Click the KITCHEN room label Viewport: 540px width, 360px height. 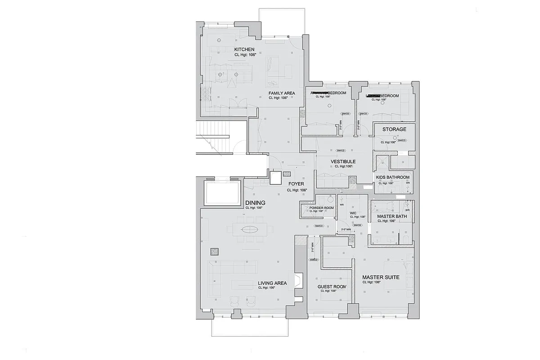(x=244, y=49)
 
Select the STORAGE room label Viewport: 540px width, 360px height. (x=394, y=130)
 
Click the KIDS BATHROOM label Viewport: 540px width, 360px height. (x=392, y=178)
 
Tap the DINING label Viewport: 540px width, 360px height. (x=255, y=203)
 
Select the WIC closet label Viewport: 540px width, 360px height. (x=347, y=213)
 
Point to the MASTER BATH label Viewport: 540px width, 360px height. (x=391, y=216)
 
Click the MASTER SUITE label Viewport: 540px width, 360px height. (x=381, y=278)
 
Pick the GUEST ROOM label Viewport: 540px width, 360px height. (x=332, y=287)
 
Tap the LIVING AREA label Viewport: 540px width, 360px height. (x=272, y=283)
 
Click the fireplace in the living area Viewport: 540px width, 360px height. (x=297, y=281)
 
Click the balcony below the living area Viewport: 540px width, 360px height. (x=250, y=326)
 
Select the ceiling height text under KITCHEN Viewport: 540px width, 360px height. (x=245, y=54)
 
